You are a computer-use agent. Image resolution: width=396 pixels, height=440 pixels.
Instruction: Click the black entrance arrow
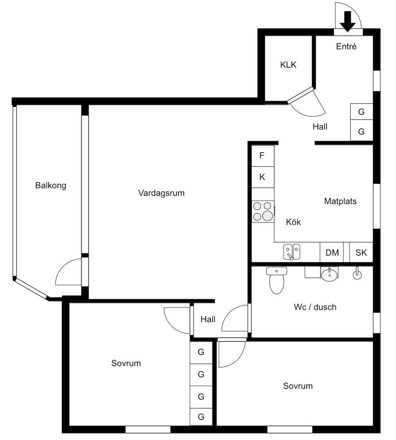point(347,21)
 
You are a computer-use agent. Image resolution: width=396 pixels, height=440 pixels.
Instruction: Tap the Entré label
point(346,46)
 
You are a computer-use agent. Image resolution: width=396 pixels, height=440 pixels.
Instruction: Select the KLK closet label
point(288,65)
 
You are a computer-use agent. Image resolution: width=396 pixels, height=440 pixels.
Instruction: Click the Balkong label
point(51,185)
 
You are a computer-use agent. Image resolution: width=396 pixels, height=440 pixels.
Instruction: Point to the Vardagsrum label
point(161,193)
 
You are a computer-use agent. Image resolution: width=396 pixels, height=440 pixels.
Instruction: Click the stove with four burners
point(263,212)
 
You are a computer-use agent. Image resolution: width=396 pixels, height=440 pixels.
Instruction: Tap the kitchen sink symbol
point(292,252)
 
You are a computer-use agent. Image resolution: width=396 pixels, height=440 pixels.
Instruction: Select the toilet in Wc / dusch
point(277,280)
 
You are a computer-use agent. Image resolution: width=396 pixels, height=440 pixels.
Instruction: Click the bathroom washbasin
point(329,274)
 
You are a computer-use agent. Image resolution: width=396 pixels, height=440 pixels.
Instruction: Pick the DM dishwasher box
point(332,252)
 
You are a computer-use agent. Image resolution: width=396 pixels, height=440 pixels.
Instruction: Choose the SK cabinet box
point(361,252)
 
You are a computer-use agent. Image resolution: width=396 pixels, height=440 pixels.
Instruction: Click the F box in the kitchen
point(263,156)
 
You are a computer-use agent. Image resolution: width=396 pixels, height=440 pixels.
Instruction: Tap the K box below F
point(263,177)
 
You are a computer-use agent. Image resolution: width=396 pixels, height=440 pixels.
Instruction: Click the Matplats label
point(340,201)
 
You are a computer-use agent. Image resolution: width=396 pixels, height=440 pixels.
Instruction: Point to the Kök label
point(293,222)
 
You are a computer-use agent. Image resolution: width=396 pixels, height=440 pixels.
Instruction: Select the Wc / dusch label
point(315,307)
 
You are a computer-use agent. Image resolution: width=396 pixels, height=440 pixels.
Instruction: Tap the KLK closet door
point(300,95)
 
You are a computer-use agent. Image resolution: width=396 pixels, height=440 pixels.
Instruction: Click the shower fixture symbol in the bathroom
point(357,273)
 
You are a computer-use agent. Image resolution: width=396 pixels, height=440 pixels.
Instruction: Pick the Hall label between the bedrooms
point(208,319)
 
